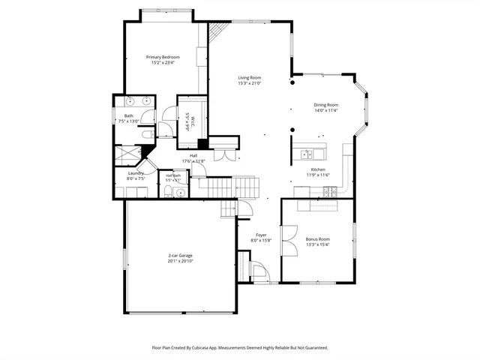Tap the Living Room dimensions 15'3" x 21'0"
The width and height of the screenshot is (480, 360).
(x=249, y=83)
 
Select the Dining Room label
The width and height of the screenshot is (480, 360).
(x=325, y=105)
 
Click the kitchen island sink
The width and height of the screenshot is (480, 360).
(x=307, y=154)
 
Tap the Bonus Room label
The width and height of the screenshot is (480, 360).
(x=317, y=239)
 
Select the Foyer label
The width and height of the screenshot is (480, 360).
(x=261, y=235)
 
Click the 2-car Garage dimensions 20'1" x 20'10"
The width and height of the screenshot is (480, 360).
(x=180, y=261)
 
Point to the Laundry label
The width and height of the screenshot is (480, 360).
(x=136, y=173)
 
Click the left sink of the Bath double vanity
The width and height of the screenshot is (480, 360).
(x=129, y=100)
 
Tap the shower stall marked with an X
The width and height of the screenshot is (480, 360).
(x=128, y=152)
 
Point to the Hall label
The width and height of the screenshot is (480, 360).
(x=193, y=156)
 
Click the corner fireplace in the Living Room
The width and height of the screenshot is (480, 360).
(x=217, y=31)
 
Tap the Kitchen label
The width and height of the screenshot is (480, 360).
(x=319, y=169)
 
